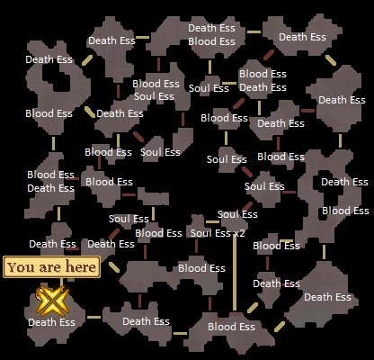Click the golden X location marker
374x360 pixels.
(52, 301)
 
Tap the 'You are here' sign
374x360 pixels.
(51, 267)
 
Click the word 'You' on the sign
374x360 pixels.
(20, 267)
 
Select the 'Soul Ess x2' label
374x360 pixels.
(218, 233)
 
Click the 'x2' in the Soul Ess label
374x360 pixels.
(239, 233)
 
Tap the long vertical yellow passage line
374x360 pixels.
(235, 273)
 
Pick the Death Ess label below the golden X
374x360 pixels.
(51, 322)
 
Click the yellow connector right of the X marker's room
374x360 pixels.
(93, 317)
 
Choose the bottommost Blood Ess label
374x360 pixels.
(231, 327)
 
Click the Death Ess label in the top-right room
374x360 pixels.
(302, 37)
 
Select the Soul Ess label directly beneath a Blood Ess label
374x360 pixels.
(154, 96)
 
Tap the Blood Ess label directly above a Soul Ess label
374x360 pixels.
(156, 84)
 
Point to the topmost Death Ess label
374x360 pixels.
(211, 28)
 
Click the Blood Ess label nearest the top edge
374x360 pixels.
(211, 41)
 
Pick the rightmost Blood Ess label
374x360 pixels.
(345, 211)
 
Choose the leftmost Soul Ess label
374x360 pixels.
(129, 219)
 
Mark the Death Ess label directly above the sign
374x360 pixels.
(52, 244)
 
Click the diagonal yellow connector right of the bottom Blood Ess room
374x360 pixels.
(280, 327)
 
